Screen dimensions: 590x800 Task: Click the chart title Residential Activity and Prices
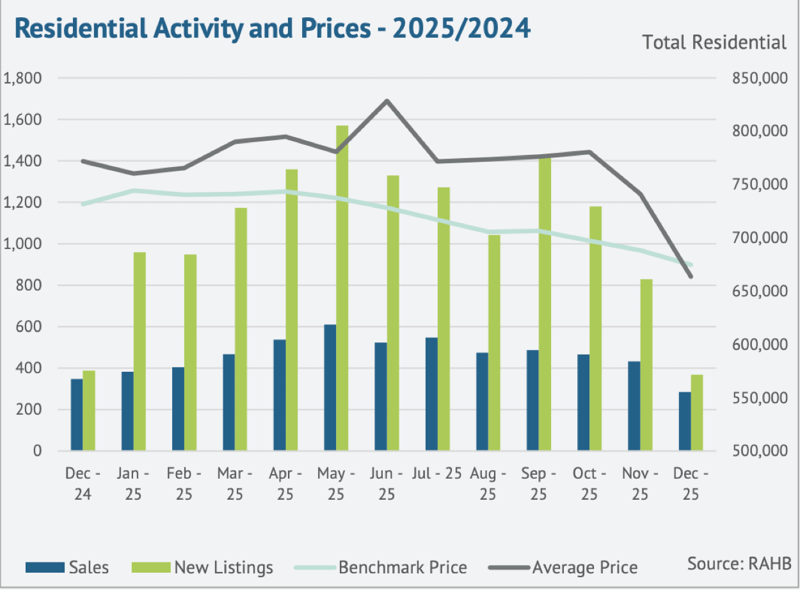272,28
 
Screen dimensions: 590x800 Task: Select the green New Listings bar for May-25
342,288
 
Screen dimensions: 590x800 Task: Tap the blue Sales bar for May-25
330,387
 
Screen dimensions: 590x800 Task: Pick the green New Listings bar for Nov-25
646,365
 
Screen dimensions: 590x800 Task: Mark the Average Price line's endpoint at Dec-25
691,276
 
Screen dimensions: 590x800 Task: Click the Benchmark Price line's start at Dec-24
83,204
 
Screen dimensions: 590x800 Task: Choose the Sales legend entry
67,567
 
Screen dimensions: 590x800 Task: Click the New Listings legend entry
202,567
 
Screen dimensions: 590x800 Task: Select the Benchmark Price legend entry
381,567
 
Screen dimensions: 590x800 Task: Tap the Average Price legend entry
563,567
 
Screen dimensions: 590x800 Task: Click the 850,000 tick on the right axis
758,78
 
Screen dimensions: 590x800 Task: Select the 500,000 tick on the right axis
758,450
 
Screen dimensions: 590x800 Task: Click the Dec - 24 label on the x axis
83,484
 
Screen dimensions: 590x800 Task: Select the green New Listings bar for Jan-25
140,351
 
